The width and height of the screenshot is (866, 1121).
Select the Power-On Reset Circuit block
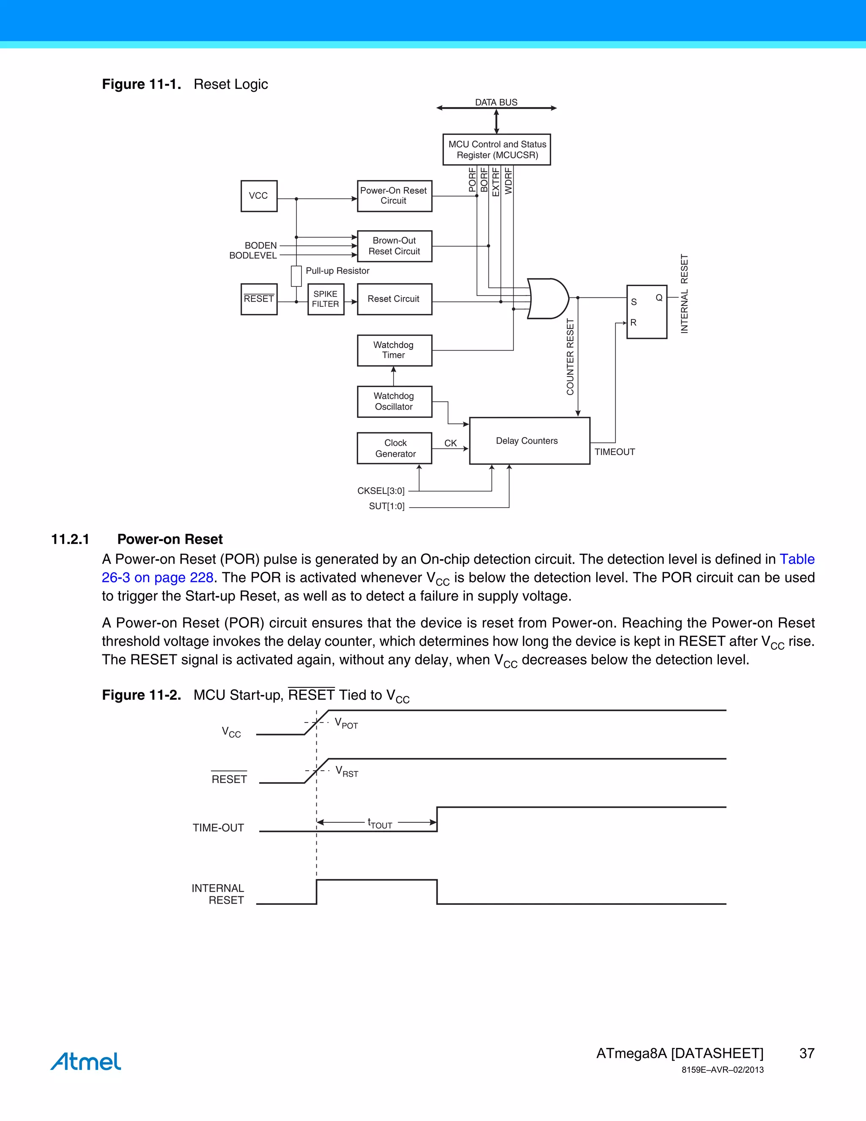(x=394, y=195)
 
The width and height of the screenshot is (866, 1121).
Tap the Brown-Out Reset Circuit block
(x=394, y=246)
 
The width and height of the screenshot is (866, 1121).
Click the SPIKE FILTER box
(x=325, y=299)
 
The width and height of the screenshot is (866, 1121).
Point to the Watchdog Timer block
(x=394, y=350)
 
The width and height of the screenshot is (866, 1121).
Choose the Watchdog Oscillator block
(x=394, y=401)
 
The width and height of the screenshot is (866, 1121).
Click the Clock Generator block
(x=394, y=448)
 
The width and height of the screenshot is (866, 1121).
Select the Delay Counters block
(x=529, y=441)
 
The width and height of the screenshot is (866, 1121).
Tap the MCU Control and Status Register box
(x=496, y=149)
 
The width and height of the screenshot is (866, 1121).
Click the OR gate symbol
(x=547, y=299)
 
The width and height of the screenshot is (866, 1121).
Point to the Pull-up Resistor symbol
(x=296, y=276)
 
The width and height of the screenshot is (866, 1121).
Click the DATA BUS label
(x=496, y=102)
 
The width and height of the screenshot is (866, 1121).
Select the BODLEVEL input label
(x=253, y=256)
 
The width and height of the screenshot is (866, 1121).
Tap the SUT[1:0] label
(x=386, y=506)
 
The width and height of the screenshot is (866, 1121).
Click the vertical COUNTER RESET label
(x=570, y=357)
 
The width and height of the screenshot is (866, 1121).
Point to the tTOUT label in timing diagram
(x=380, y=823)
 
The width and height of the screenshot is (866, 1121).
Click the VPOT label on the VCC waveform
(x=346, y=723)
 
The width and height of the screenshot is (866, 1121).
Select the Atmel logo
(x=86, y=1061)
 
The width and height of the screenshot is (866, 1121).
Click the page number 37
(x=806, y=1053)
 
